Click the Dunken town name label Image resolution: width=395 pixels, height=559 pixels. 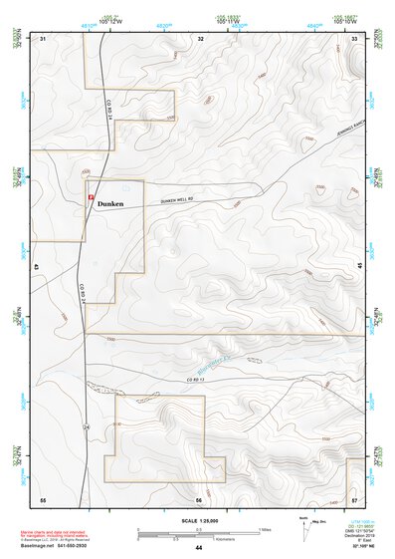(110, 202)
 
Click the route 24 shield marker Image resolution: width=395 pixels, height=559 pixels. (87, 425)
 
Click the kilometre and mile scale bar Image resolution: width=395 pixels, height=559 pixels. (198, 532)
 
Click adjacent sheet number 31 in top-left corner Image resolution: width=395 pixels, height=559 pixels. (43, 38)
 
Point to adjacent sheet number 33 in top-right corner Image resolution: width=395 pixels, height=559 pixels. (354, 38)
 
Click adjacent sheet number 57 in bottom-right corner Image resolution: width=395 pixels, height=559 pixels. (354, 498)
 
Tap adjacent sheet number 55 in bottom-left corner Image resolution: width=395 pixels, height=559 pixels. (43, 498)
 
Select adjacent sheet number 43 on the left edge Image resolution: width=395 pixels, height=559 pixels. (37, 268)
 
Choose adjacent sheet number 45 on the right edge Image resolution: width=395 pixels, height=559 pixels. (360, 268)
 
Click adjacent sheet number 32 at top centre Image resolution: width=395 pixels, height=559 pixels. (200, 38)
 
